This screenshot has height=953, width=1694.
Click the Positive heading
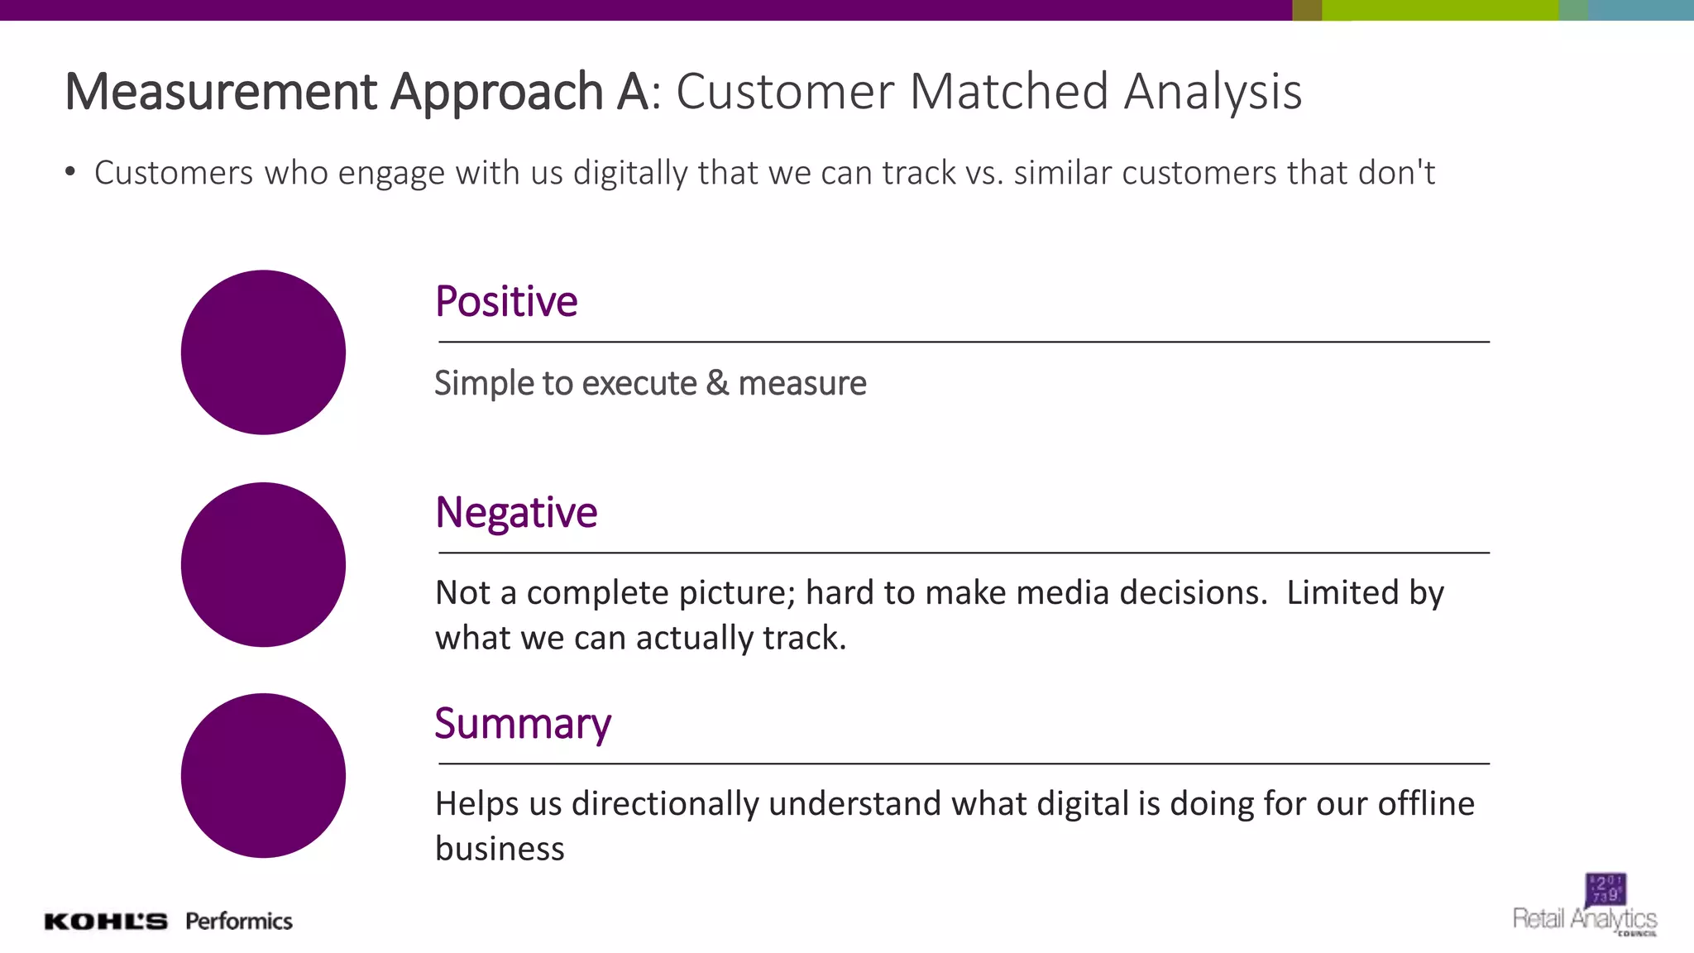pyautogui.click(x=506, y=302)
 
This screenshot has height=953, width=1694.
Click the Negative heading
pyautogui.click(x=516, y=513)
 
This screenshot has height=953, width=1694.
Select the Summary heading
pyautogui.click(x=523, y=724)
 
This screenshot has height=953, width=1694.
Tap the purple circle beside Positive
pyautogui.click(x=263, y=352)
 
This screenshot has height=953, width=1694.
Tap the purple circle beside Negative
pyautogui.click(x=263, y=564)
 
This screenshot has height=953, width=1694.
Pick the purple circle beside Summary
pyautogui.click(x=263, y=775)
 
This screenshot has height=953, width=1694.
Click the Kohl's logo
pyautogui.click(x=106, y=922)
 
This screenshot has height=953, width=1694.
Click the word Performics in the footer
pyautogui.click(x=239, y=922)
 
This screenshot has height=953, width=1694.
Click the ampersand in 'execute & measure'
pyautogui.click(x=717, y=384)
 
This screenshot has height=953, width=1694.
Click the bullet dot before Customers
pyautogui.click(x=71, y=172)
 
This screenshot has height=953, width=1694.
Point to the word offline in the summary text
pyautogui.click(x=1425, y=803)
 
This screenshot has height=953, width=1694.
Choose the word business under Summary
pyautogui.click(x=500, y=849)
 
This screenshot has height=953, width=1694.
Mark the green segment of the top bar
pyautogui.click(x=1440, y=10)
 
